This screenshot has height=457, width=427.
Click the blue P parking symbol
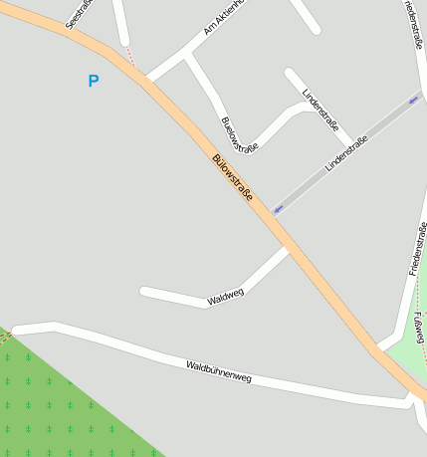94,81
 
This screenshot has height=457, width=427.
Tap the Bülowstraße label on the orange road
232,177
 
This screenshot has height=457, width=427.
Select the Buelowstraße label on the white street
240,135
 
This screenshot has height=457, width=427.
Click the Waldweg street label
226,296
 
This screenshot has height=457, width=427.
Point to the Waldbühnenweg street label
219,372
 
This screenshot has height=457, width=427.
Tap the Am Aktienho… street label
223,17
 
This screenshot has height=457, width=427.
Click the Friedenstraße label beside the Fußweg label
417,248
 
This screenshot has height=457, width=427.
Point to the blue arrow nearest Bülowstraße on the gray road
278,209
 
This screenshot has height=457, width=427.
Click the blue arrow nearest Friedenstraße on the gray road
413,101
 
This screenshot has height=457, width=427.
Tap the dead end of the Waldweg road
143,292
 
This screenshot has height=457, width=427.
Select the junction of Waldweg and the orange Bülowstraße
288,248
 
